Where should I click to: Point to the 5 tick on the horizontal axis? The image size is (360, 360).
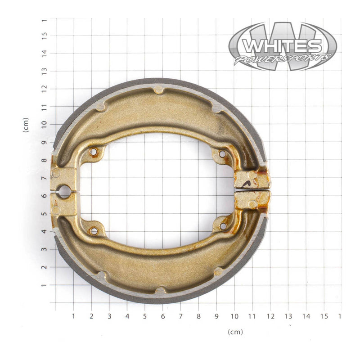(145, 316)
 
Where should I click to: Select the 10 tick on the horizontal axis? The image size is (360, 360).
(234, 316)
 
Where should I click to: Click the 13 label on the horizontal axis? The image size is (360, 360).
(288, 316)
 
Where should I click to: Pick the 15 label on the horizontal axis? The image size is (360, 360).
(324, 316)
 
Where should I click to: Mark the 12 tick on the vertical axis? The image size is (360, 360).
(44, 89)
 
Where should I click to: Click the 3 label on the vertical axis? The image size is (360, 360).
(44, 249)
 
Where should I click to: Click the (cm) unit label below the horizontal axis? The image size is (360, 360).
(235, 332)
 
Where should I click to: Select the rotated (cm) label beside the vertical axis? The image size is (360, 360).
(26, 125)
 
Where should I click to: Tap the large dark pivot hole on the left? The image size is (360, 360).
(63, 192)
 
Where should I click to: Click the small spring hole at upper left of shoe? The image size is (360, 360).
(94, 153)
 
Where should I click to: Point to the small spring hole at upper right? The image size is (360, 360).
(222, 154)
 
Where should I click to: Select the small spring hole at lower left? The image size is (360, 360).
(94, 231)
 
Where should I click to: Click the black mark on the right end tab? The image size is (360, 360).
(247, 182)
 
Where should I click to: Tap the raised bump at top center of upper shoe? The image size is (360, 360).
(158, 90)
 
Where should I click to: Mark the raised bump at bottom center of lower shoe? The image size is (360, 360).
(160, 291)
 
